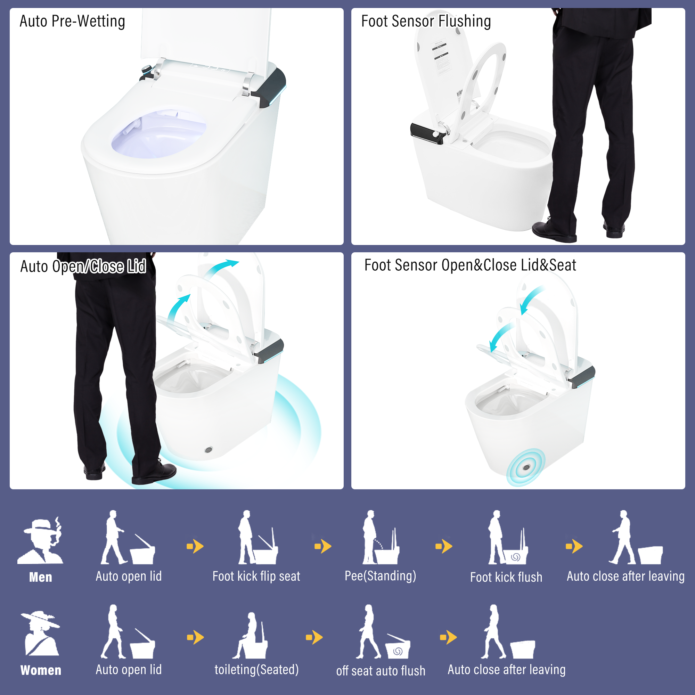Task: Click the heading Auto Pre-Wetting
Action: [x=72, y=21]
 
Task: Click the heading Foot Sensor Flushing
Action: [x=426, y=21]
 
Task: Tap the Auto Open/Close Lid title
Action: [x=83, y=267]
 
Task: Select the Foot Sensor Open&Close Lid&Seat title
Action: [x=470, y=265]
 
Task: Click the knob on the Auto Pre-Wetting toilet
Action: [x=147, y=69]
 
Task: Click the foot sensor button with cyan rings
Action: [x=526, y=467]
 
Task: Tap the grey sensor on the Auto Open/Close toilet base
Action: [x=208, y=450]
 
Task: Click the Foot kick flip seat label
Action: [x=256, y=576]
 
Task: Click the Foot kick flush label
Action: [x=506, y=577]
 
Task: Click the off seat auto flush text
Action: [x=381, y=671]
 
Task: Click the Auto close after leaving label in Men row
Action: [x=625, y=576]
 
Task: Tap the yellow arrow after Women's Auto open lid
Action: [x=195, y=637]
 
